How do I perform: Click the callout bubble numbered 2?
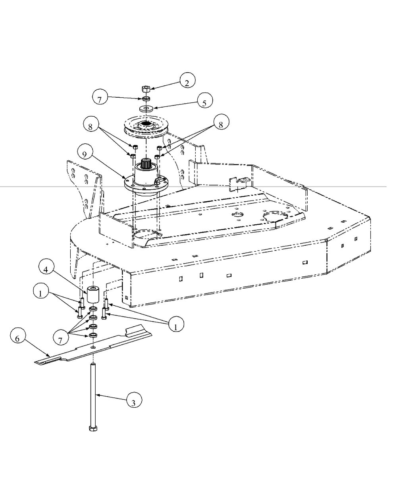point(187,82)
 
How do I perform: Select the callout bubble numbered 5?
point(204,103)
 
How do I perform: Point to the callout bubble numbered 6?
point(17,338)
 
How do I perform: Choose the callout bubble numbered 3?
point(133,403)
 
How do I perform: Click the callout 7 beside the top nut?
point(100,98)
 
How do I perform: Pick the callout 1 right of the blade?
point(175,326)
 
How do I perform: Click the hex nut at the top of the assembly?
point(145,89)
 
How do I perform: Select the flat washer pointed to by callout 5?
point(146,108)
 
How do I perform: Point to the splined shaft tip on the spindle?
point(145,163)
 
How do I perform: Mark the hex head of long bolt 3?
point(93,429)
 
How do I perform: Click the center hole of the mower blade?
point(93,348)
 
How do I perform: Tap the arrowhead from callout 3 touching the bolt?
point(96,394)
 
